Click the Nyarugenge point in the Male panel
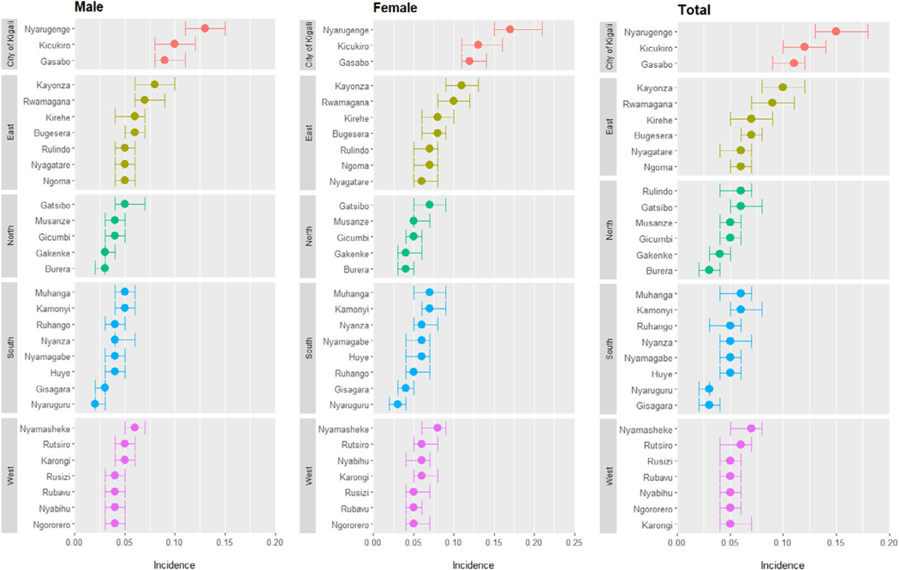205,28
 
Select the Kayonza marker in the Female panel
461,85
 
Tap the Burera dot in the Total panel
708,270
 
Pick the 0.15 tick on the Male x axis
224,543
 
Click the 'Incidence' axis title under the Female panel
453,565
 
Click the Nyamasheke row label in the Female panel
345,428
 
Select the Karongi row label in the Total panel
652,524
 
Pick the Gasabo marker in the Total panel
794,63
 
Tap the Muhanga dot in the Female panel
430,292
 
